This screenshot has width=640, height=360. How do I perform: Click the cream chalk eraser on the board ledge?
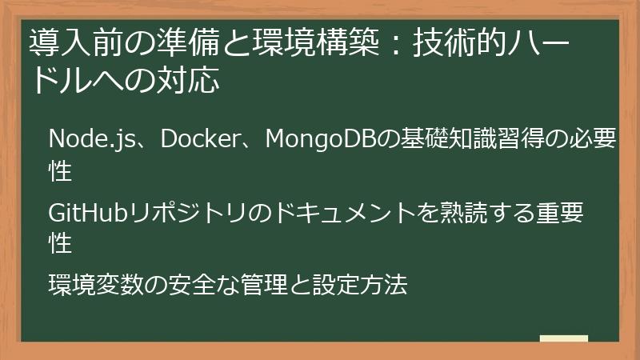coord(563,338)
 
